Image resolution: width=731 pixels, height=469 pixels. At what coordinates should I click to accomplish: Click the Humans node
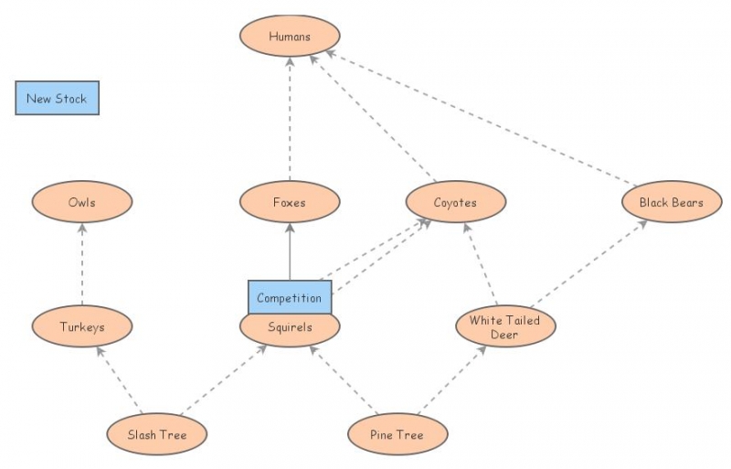290,37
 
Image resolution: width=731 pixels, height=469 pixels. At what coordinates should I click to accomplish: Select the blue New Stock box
57,99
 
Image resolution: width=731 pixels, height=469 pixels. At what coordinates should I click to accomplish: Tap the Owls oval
81,203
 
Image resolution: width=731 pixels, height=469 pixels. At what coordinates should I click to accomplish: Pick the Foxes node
290,203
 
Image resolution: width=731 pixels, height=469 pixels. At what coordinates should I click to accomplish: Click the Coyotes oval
455,203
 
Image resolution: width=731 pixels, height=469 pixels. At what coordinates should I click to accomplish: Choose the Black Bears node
672,203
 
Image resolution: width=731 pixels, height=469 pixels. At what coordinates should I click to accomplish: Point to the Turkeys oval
81,325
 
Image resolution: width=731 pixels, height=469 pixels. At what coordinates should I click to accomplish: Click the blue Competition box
290,297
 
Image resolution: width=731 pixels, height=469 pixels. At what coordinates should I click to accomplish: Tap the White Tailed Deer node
505,327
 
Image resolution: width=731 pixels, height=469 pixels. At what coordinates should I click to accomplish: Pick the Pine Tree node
397,434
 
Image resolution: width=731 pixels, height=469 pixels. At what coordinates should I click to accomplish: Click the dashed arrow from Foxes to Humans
290,119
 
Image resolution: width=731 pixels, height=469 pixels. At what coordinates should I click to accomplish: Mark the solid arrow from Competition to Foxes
290,251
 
